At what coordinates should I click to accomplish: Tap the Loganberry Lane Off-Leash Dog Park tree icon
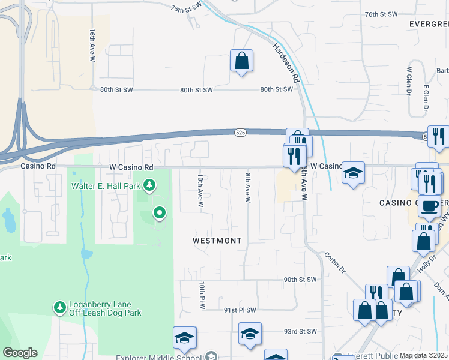pos(59,308)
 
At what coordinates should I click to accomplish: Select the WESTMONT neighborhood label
pos(217,241)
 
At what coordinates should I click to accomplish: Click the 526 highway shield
pos(240,133)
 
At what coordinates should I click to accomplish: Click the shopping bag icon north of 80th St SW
pos(241,61)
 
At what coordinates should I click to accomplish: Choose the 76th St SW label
pos(381,14)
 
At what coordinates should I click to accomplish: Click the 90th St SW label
pos(300,280)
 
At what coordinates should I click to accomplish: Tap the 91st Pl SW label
pos(240,310)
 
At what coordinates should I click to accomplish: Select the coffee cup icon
pos(429,206)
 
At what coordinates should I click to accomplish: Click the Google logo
pos(20,353)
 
